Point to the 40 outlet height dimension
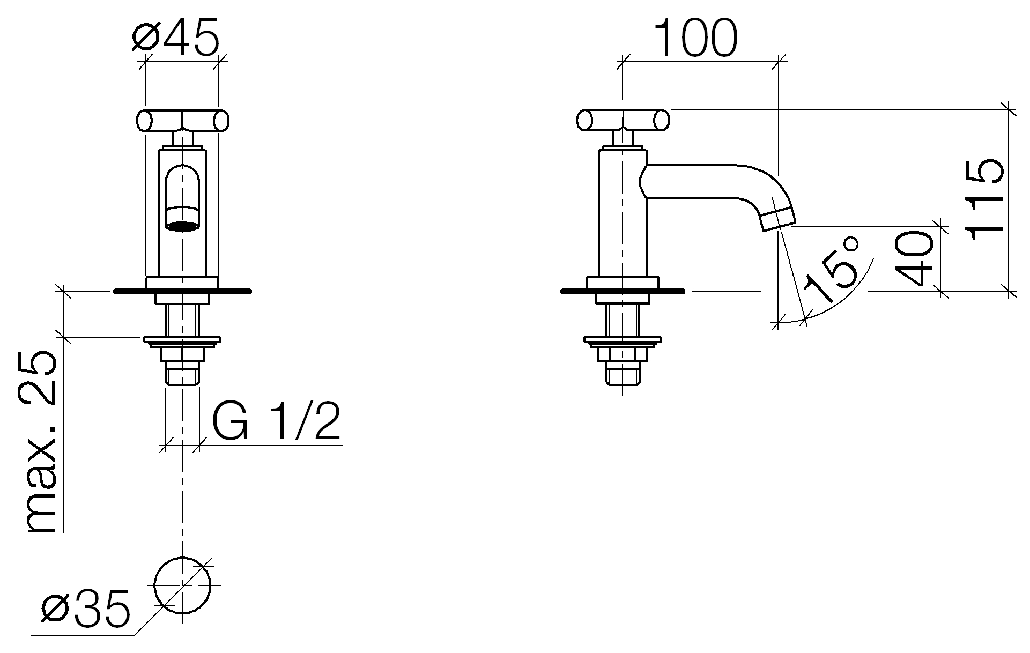[915, 258]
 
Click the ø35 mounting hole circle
[182, 585]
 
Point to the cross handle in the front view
[182, 121]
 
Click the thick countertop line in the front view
[182, 291]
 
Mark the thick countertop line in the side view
[623, 291]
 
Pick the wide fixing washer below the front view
[182, 340]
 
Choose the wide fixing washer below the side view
[623, 340]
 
